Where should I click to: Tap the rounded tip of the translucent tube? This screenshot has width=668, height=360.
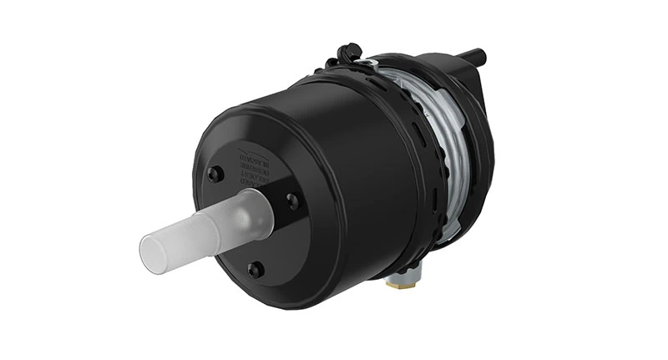150,255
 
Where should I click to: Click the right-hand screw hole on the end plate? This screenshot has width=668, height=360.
291,200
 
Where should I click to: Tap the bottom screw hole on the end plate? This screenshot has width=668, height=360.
256,269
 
